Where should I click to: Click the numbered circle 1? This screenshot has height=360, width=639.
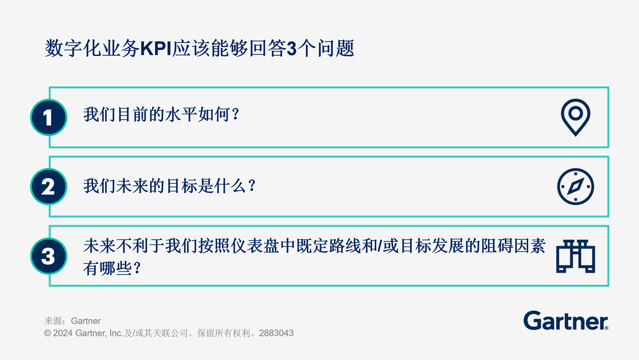pyautogui.click(x=49, y=117)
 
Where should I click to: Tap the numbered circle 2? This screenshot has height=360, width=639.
pyautogui.click(x=49, y=187)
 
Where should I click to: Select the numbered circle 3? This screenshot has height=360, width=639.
pyautogui.click(x=49, y=256)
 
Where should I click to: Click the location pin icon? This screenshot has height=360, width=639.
pyautogui.click(x=575, y=117)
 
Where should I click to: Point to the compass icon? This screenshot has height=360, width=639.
pyautogui.click(x=575, y=187)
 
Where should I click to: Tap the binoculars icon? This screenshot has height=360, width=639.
pyautogui.click(x=575, y=256)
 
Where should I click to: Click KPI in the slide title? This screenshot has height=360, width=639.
pyautogui.click(x=156, y=49)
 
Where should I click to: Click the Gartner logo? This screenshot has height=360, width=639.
pyautogui.click(x=565, y=321)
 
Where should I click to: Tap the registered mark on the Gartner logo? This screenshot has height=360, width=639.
pyautogui.click(x=606, y=328)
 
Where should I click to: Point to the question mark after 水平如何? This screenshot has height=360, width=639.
pyautogui.click(x=236, y=114)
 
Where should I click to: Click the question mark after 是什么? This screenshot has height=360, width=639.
pyautogui.click(x=252, y=186)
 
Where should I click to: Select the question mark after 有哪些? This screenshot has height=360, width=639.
pyautogui.click(x=137, y=268)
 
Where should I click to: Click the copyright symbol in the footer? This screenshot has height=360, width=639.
pyautogui.click(x=47, y=333)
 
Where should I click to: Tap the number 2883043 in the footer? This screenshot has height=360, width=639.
pyautogui.click(x=276, y=333)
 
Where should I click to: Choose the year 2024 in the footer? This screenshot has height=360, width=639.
pyautogui.click(x=63, y=333)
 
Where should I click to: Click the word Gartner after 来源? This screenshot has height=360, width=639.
pyautogui.click(x=86, y=321)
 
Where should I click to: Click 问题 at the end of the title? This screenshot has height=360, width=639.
pyautogui.click(x=336, y=49)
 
